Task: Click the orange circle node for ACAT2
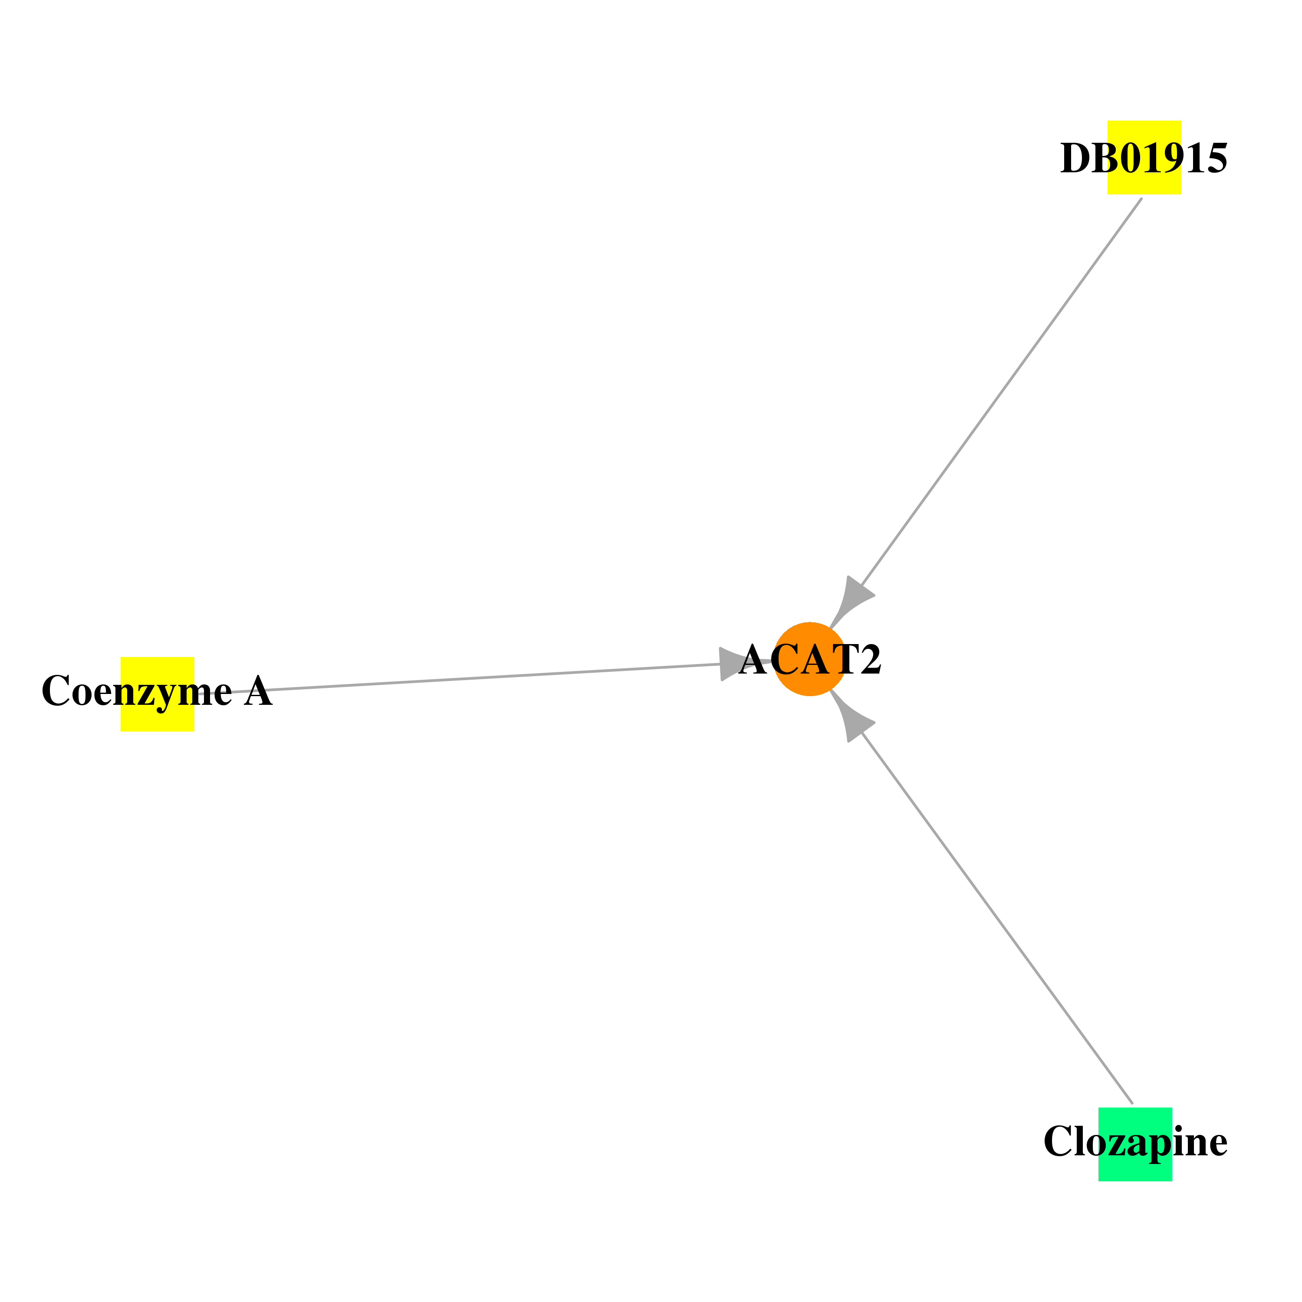pos(809,659)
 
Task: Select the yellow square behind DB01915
pos(1144,158)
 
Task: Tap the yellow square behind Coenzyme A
pos(157,694)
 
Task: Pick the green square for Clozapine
pos(1135,1144)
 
